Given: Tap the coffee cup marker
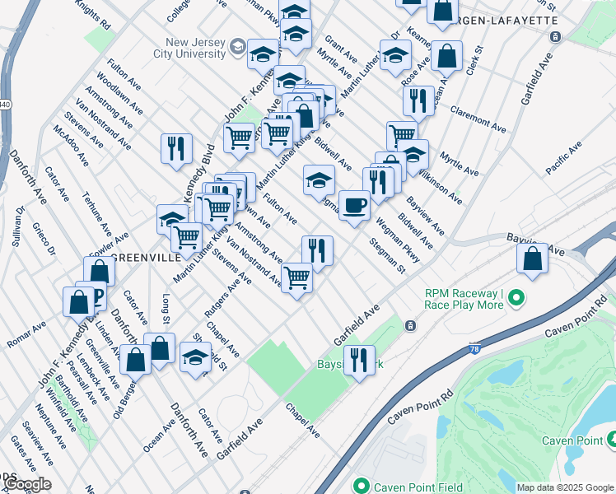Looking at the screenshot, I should pyautogui.click(x=354, y=205).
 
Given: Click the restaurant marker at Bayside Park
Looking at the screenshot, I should pyautogui.click(x=359, y=360).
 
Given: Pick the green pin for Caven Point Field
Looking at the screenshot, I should pyautogui.click(x=359, y=486).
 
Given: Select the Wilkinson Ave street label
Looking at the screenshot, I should pyautogui.click(x=439, y=186).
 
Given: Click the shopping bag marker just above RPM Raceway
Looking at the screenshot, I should pyautogui.click(x=533, y=259).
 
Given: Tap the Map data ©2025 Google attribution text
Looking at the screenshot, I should pyautogui.click(x=564, y=487).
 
